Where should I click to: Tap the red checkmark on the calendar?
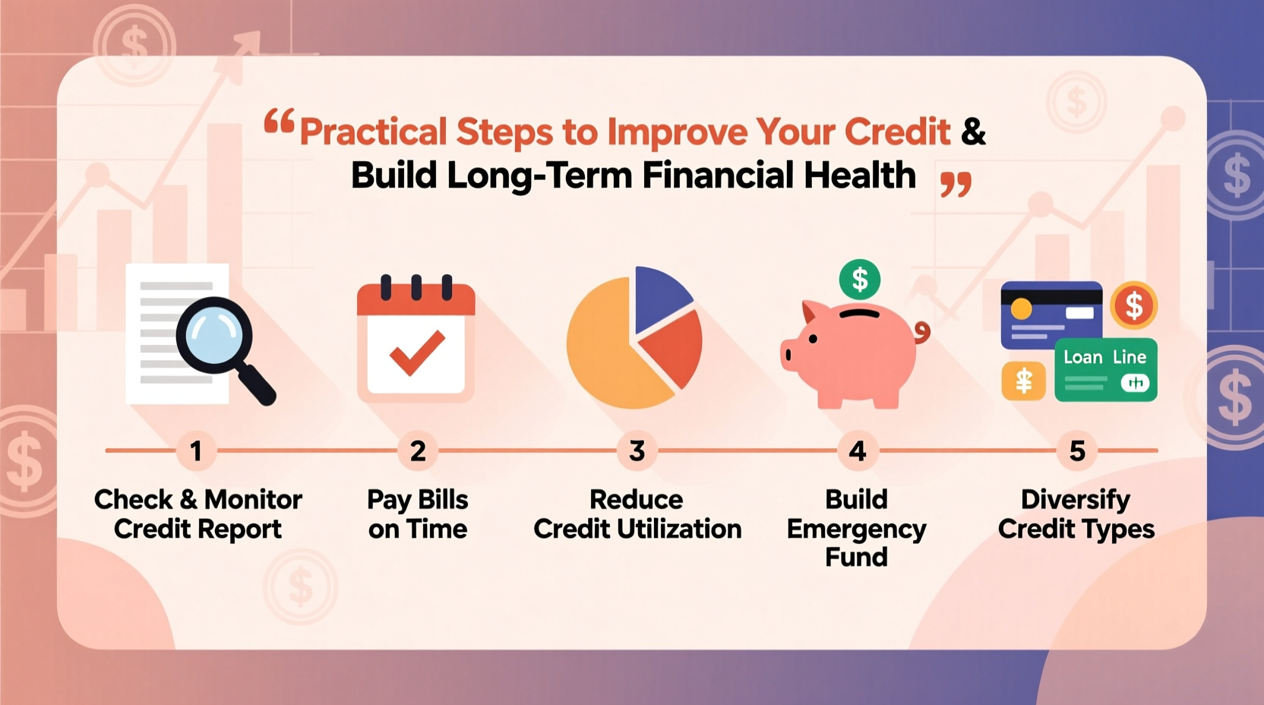pyautogui.click(x=416, y=353)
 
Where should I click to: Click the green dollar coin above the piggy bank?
pyautogui.click(x=859, y=280)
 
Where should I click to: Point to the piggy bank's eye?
pyautogui.click(x=813, y=339)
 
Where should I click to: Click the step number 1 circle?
pyautogui.click(x=196, y=451)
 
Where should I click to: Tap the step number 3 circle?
pyautogui.click(x=637, y=451)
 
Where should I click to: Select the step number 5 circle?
pyautogui.click(x=1076, y=451)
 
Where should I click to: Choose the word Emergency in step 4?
pyautogui.click(x=856, y=529)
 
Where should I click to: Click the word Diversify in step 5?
pyautogui.click(x=1075, y=500)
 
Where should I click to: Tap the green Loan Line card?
pyautogui.click(x=1105, y=371)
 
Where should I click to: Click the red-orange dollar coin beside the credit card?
pyautogui.click(x=1133, y=305)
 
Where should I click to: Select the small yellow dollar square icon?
pyautogui.click(x=1023, y=381)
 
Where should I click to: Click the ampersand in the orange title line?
pyautogui.click(x=973, y=132)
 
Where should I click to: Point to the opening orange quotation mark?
pyautogui.click(x=279, y=122)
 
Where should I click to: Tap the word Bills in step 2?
pyautogui.click(x=443, y=500)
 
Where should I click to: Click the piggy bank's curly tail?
pyautogui.click(x=922, y=331)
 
